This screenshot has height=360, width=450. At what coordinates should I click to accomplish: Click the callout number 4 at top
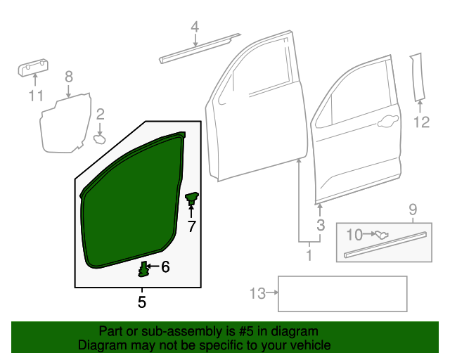click(195, 27)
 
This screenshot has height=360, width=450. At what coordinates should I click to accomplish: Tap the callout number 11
click(36, 96)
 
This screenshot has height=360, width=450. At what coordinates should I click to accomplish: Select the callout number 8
click(69, 77)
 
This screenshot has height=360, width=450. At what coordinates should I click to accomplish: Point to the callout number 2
click(101, 114)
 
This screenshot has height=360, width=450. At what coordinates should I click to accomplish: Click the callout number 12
click(420, 123)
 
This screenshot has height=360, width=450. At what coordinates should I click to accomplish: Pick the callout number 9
click(413, 209)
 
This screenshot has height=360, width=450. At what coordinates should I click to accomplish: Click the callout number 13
click(258, 293)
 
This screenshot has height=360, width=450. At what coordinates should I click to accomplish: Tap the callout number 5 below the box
click(142, 302)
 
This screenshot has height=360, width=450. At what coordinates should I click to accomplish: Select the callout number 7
click(191, 226)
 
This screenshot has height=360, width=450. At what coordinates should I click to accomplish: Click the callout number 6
click(165, 266)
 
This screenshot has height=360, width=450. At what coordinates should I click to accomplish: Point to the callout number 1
click(308, 255)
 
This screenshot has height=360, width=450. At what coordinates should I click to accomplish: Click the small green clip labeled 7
click(191, 199)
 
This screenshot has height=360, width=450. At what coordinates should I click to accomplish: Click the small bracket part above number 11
click(33, 68)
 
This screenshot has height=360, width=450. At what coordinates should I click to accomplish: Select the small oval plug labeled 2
click(100, 139)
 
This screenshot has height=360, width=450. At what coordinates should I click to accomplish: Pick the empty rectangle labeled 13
click(342, 293)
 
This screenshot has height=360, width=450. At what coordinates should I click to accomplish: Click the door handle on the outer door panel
click(385, 124)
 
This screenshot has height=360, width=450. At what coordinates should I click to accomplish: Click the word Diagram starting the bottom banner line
click(99, 345)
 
